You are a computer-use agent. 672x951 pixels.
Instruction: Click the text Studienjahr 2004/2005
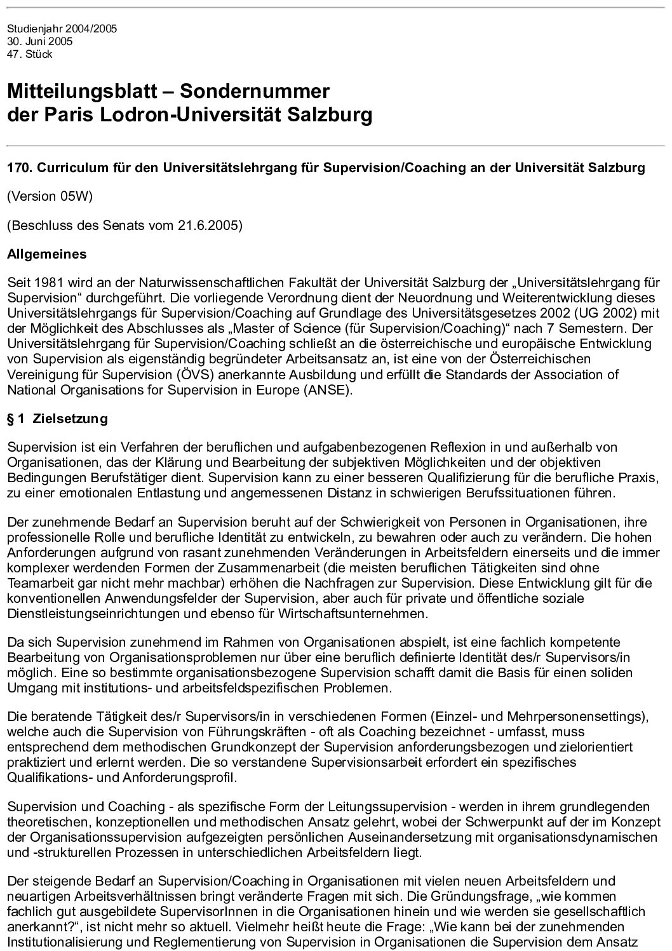[62, 29]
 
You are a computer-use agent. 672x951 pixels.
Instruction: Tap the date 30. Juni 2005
[39, 41]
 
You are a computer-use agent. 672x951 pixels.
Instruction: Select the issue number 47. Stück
[29, 54]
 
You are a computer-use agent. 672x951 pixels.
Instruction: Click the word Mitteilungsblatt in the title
[82, 91]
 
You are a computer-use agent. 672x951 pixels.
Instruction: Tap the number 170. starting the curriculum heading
[18, 168]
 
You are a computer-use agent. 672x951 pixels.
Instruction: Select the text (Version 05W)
[50, 196]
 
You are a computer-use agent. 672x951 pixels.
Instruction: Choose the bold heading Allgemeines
[47, 255]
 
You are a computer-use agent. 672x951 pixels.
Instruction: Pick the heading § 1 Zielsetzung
[57, 419]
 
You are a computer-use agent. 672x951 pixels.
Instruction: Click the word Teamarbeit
[37, 583]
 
